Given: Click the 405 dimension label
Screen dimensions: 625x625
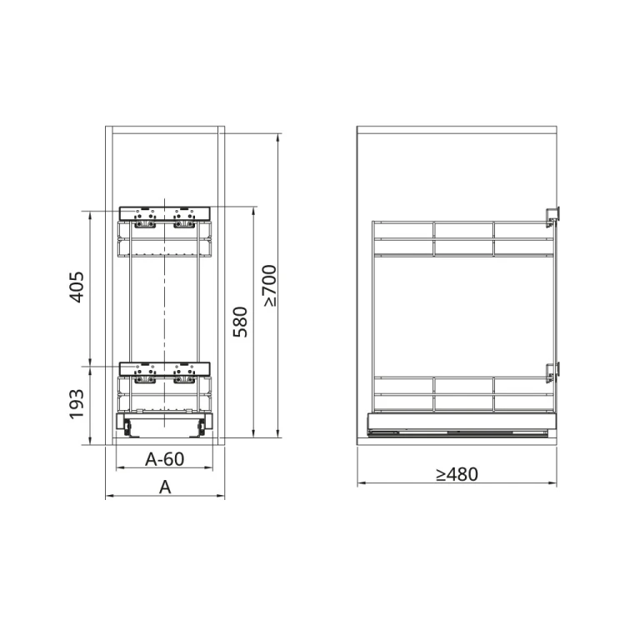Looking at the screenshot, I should point(75,287).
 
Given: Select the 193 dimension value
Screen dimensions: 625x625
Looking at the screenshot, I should point(75,405).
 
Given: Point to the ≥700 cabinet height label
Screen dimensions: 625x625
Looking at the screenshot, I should point(269,286).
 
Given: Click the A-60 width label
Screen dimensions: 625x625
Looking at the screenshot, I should point(164,458).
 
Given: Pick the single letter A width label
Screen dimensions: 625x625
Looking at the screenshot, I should point(165,487).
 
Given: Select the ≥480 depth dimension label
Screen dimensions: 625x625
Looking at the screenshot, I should point(456,474).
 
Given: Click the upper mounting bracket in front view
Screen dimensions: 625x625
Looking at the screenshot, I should point(164,214).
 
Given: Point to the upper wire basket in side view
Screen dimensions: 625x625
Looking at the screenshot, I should point(462,238).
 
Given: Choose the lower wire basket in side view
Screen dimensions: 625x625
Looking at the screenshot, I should point(462,394).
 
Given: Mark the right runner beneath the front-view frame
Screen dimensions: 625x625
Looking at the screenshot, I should point(200,427).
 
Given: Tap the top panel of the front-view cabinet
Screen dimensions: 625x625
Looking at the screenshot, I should point(164,130).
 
